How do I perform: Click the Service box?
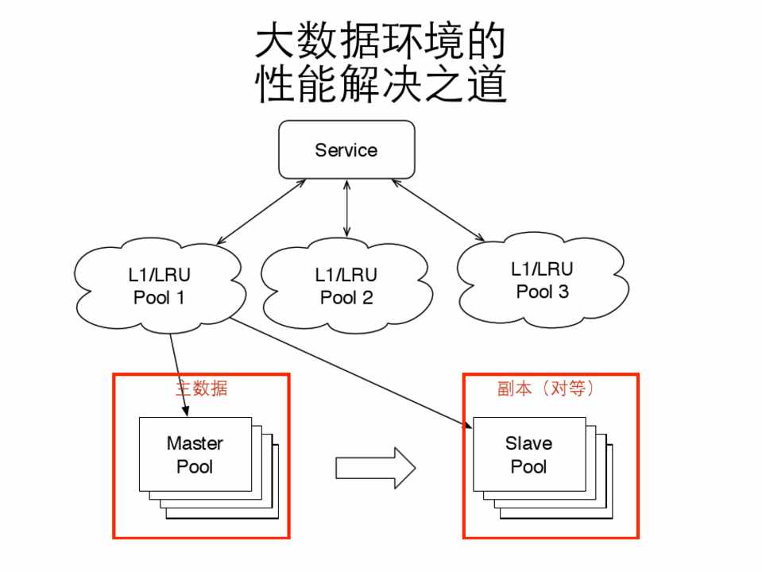point(346,149)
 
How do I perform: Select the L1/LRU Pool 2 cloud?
point(346,287)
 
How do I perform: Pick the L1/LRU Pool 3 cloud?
point(543,281)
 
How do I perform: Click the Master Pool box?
point(195,454)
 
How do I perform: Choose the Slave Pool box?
point(528,454)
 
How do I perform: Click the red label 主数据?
point(201,389)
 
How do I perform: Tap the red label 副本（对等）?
point(541,389)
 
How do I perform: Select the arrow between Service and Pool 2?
point(346,208)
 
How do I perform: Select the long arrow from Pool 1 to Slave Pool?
point(350,374)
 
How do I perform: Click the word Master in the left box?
point(195,443)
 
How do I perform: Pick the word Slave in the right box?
point(528,443)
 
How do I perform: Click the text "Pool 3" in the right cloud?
point(543,292)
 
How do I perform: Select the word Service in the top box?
point(346,150)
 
